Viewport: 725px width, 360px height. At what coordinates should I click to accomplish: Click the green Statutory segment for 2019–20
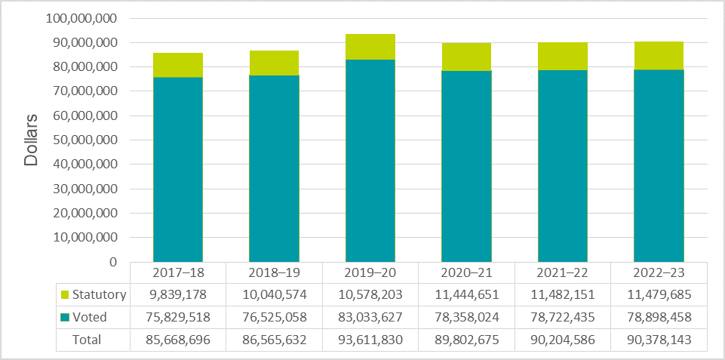coord(370,47)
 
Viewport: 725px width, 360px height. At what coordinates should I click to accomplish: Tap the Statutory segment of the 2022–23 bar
coord(659,55)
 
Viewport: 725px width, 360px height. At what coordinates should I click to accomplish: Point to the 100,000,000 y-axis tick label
coord(81,18)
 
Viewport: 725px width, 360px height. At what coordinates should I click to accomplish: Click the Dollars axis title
coord(31,140)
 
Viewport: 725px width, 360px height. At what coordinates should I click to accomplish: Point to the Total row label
coord(86,340)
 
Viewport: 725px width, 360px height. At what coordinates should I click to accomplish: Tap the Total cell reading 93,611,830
coord(370,340)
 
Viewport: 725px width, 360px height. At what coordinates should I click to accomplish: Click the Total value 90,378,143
coord(659,340)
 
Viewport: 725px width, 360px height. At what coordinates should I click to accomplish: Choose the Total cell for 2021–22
coord(563,340)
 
